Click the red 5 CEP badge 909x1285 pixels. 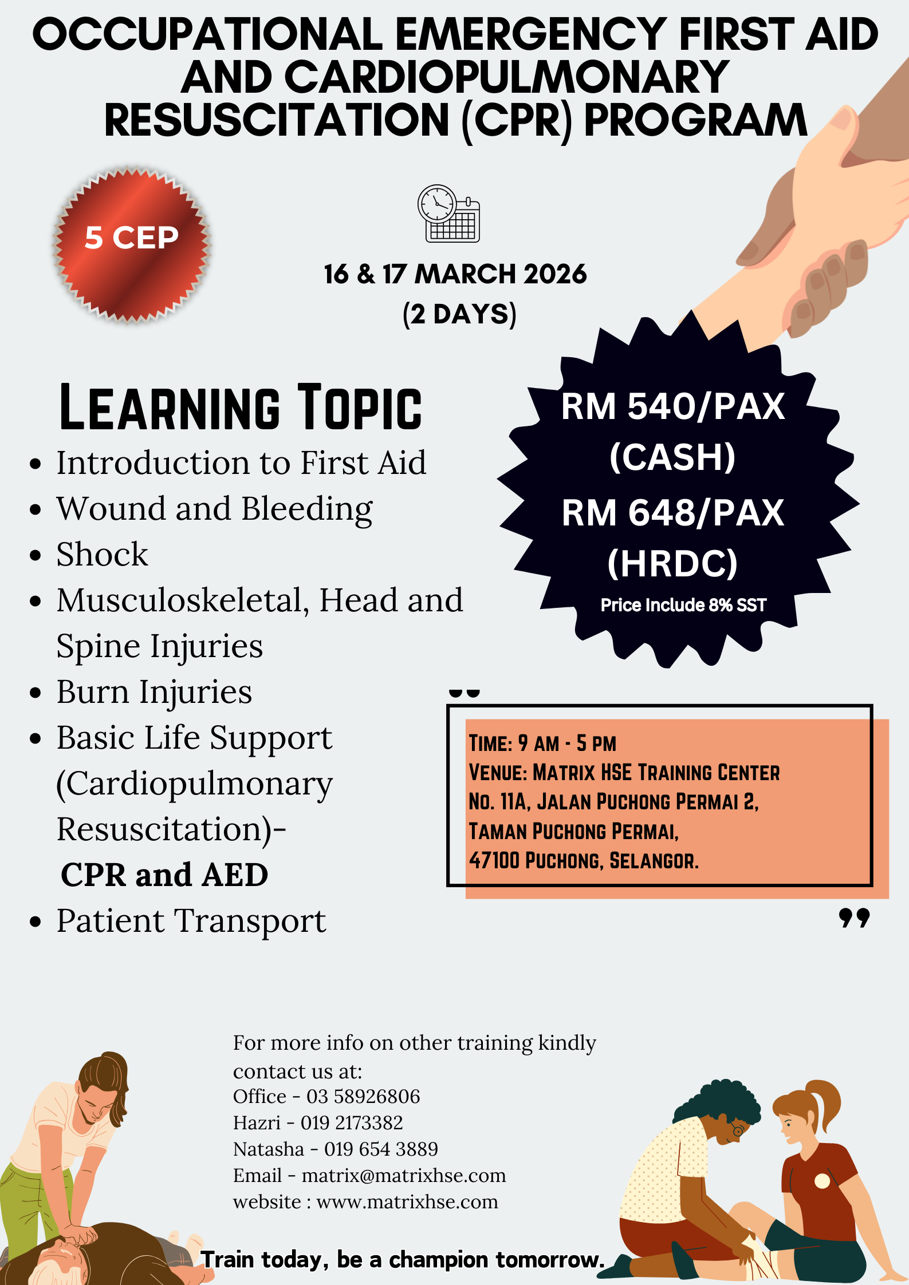tap(132, 244)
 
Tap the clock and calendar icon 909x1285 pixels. tap(448, 213)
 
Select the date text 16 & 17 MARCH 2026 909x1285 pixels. tap(455, 274)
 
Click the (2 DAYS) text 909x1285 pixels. tap(459, 314)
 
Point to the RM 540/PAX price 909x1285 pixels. tap(673, 406)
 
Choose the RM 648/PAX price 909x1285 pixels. tap(673, 512)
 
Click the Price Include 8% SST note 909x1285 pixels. tap(683, 605)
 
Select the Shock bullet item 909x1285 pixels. tap(102, 554)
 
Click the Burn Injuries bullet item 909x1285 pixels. tap(154, 692)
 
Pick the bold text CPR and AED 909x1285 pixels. tap(164, 875)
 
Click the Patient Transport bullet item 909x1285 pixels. tap(191, 921)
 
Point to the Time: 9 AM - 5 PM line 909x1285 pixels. tap(542, 743)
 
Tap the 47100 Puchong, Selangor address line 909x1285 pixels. tap(584, 860)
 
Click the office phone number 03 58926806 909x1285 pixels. tap(363, 1097)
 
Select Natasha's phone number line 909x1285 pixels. tap(336, 1149)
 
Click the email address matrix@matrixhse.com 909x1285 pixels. tap(404, 1176)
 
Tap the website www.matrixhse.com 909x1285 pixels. tap(407, 1202)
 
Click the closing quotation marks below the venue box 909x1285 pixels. tap(854, 918)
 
